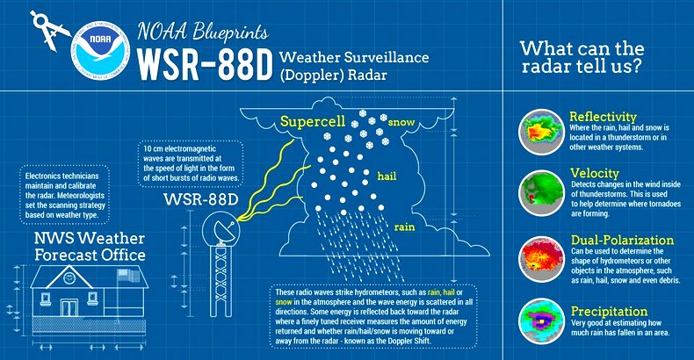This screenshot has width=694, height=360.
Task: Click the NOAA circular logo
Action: (101, 50)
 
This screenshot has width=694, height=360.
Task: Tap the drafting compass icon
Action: (48, 30)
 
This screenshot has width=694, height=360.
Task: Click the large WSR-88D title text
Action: (204, 64)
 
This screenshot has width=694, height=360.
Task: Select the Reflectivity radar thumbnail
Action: (541, 132)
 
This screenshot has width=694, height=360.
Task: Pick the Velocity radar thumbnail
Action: (541, 193)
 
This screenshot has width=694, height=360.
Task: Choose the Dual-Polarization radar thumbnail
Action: (541, 259)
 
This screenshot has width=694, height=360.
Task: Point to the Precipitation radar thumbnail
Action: (541, 321)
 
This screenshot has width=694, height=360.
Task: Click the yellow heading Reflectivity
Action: (603, 117)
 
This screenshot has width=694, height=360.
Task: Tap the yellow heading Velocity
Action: (595, 173)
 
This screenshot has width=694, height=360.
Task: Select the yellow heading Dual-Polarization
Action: (622, 241)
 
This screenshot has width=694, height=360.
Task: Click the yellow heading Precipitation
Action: (609, 312)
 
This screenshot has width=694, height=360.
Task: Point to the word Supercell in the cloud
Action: (313, 122)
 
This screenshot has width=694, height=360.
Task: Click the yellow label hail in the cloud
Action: (387, 176)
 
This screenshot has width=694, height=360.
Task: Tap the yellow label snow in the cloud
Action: (401, 122)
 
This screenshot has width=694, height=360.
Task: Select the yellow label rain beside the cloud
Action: (404, 227)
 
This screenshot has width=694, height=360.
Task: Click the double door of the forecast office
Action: (69, 308)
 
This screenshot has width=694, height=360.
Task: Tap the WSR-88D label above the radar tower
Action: (201, 199)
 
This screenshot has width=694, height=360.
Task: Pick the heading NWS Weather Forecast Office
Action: (90, 247)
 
